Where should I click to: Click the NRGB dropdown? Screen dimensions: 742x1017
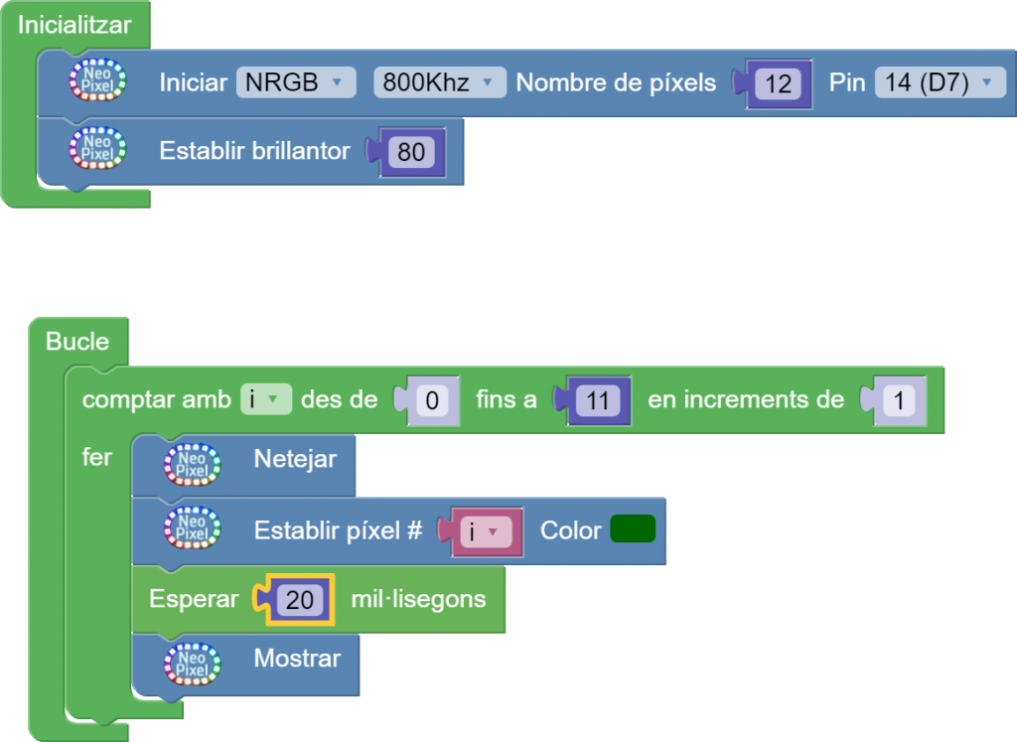coord(295,82)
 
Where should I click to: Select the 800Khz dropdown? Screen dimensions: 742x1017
coord(439,82)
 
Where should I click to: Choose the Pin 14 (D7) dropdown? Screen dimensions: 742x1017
coord(940,82)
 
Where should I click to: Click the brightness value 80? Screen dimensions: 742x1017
coord(411,152)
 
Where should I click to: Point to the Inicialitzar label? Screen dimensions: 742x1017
coord(74,25)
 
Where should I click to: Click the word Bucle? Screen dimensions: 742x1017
coord(77,342)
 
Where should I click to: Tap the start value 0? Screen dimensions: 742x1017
coord(432,401)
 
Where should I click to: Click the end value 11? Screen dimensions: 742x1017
coord(598,401)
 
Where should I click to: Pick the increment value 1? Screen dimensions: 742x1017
coord(898,401)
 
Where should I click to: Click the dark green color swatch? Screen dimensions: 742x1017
coord(633,529)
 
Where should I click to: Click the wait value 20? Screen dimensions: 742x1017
coord(299,600)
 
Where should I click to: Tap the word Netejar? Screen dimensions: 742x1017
coord(295,459)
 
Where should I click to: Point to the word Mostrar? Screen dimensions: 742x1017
coord(297,658)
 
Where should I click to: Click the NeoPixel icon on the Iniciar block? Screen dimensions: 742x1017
coord(98,81)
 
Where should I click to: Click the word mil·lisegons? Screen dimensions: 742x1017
coord(418,599)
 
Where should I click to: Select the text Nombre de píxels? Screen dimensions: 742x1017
coord(616,82)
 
